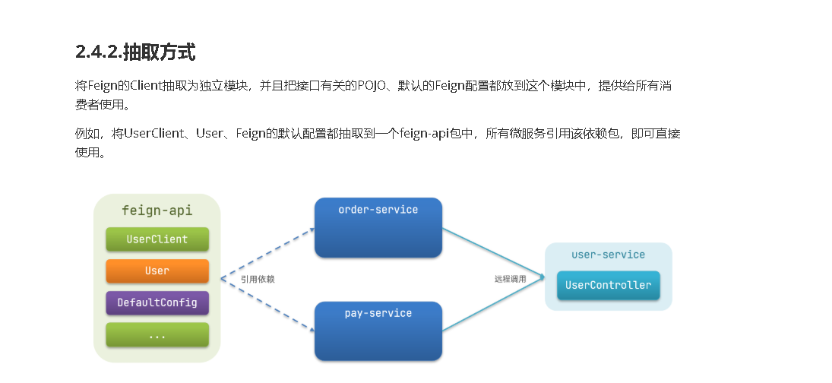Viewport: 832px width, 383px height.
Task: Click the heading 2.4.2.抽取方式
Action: tap(135, 52)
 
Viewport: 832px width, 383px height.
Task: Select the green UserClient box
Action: tap(157, 239)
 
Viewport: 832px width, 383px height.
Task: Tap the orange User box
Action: tap(157, 271)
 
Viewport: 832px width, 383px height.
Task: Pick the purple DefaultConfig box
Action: tap(157, 302)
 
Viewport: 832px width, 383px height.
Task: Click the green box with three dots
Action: tap(157, 334)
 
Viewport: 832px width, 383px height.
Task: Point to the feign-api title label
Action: tap(157, 210)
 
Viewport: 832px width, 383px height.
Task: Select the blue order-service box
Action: tap(378, 228)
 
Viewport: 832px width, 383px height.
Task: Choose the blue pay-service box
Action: tap(378, 331)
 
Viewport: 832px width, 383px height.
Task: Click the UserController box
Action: tap(608, 286)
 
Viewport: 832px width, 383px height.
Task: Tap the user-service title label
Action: tap(608, 255)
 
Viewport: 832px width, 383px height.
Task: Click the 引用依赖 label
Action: tap(258, 280)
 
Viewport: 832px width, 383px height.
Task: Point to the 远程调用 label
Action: tap(510, 280)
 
